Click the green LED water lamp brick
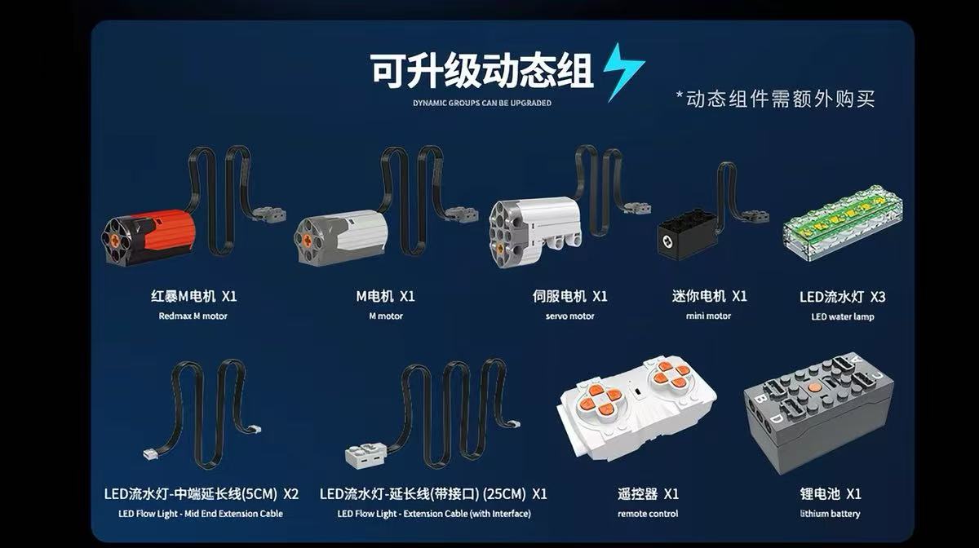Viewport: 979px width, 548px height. tap(842, 223)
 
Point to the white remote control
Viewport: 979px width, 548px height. tap(637, 409)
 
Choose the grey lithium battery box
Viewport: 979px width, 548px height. tap(818, 412)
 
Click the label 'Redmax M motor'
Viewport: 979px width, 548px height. tap(193, 316)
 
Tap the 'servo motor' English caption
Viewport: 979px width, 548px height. tap(570, 316)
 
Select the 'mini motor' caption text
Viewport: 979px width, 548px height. tap(708, 316)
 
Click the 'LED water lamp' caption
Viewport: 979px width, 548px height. tap(843, 316)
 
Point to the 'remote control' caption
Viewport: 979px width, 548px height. tap(648, 514)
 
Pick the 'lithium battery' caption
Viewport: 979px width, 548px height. tap(830, 514)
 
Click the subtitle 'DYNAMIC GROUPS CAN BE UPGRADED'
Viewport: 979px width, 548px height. tap(482, 103)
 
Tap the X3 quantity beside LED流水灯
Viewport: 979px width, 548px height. tap(878, 297)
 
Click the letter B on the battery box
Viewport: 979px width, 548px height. tap(760, 400)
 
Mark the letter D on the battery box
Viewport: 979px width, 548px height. tap(777, 420)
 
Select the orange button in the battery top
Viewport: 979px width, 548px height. tap(813, 387)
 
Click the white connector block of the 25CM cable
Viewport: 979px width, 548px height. tap(366, 455)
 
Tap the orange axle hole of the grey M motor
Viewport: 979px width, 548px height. tap(308, 239)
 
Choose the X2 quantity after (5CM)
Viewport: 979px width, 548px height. tap(290, 494)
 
